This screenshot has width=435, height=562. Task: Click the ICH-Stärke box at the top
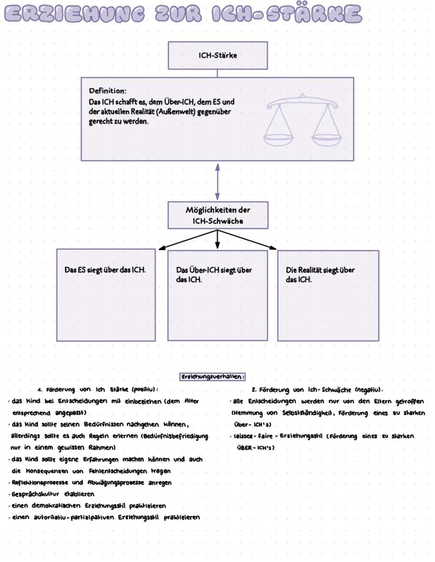217,55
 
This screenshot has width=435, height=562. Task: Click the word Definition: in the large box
108,91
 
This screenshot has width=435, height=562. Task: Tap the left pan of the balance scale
279,139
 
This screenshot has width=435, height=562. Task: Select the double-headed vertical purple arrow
217,181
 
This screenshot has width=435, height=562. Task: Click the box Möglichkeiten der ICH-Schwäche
217,215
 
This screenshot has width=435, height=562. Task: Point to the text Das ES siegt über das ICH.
105,270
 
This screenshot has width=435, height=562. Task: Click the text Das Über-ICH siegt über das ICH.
214,274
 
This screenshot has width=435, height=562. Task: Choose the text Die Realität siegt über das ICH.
320,274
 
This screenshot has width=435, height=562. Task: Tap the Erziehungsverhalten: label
213,377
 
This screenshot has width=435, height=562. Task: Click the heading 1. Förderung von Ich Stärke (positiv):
98,390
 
